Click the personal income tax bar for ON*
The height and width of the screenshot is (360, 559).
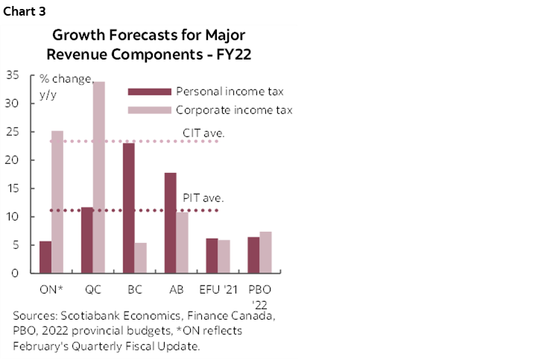(45, 256)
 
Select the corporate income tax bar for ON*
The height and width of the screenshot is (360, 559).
(57, 202)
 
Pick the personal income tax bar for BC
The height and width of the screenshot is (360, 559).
(129, 208)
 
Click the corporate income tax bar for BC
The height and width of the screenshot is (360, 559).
(141, 258)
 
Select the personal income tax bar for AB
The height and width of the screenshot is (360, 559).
(171, 223)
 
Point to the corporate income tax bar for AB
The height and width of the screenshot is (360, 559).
(183, 242)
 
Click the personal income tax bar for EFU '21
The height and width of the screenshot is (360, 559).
(212, 256)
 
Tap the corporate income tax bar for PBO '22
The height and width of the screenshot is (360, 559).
(266, 253)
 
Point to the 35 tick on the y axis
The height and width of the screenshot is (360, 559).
(13, 75)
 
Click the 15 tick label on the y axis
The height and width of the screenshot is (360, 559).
(13, 189)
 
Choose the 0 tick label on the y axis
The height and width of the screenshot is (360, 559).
(16, 273)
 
